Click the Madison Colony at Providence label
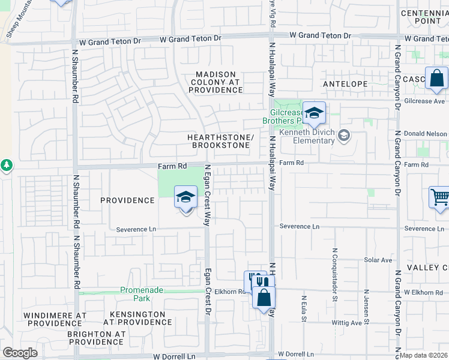(x=215, y=82)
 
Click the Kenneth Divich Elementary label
(x=307, y=137)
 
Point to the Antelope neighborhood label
(x=345, y=84)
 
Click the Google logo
(x=20, y=353)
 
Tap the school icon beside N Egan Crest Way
(x=185, y=197)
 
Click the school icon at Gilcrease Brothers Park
(x=314, y=113)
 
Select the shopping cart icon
(x=439, y=197)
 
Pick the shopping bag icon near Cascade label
(x=436, y=78)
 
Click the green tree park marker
(x=6, y=164)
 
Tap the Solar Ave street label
(x=378, y=260)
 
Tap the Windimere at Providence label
(x=55, y=319)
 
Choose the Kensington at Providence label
(x=138, y=318)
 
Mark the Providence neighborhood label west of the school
(x=127, y=200)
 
